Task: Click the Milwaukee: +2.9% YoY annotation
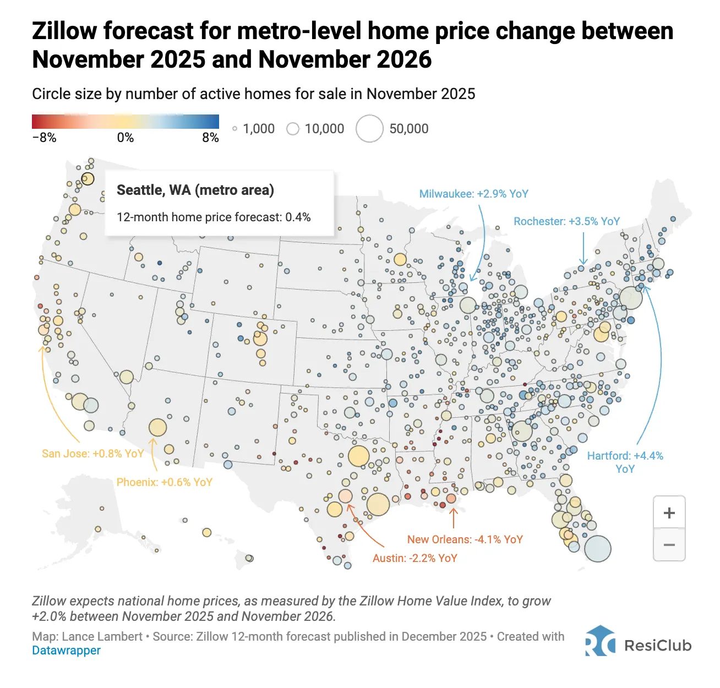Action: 473,194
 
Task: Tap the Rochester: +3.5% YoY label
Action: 566,221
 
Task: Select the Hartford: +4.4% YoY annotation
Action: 625,462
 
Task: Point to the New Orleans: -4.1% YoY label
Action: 465,539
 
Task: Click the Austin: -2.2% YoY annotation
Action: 414,558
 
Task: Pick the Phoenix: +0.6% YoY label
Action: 164,482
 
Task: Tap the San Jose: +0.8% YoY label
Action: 93,453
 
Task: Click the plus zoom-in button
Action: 669,512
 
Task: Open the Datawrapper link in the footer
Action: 66,650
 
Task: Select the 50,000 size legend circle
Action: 369,128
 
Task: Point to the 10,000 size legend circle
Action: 293,129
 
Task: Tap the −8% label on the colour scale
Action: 44,138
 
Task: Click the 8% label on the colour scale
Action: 210,138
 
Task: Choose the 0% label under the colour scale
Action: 126,138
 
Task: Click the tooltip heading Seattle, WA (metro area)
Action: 195,190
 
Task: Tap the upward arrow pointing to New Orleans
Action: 453,518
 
